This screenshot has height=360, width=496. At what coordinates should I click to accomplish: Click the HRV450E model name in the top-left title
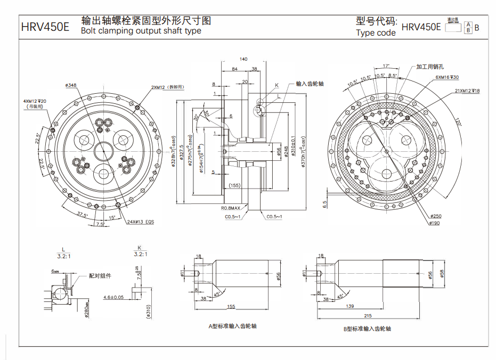point(45,27)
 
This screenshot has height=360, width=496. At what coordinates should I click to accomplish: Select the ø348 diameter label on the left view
point(71,85)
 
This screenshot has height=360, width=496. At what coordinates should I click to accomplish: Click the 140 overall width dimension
point(244,59)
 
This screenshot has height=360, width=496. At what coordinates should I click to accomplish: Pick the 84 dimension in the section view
point(234,69)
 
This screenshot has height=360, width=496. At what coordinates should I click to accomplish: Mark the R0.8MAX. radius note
point(232,209)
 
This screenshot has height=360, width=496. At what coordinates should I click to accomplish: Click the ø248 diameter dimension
point(286,152)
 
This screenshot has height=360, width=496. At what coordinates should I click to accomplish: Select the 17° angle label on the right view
point(386,66)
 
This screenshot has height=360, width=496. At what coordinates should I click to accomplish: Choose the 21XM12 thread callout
point(467,91)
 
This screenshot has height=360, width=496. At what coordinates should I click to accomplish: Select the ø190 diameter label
point(435,223)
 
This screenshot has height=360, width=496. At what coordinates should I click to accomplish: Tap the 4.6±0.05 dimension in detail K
point(114,297)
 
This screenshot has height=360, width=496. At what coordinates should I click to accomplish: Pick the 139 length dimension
point(350,306)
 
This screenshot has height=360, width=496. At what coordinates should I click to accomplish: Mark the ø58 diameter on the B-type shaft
point(442,274)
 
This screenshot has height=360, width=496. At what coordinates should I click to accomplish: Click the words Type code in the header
point(376,33)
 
